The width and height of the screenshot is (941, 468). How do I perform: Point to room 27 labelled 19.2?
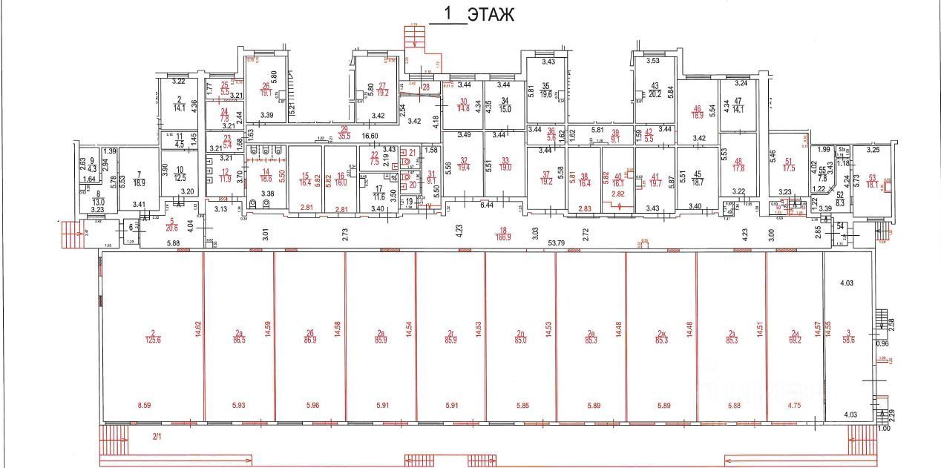383,89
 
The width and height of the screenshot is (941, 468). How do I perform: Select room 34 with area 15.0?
505,105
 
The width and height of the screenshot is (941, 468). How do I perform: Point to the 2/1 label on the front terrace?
157,437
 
